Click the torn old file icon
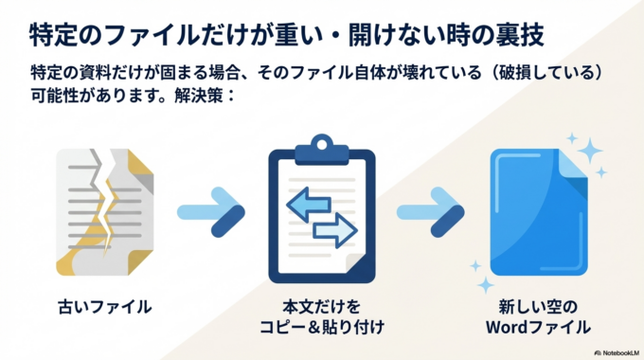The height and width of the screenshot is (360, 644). [x=97, y=207]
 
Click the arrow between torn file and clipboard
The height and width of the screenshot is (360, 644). [x=213, y=212]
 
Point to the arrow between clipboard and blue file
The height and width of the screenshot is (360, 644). [x=430, y=212]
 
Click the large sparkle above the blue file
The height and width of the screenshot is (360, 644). [x=590, y=150]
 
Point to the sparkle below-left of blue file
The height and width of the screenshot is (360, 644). [x=485, y=283]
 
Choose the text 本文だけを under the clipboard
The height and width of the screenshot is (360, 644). [x=322, y=307]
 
